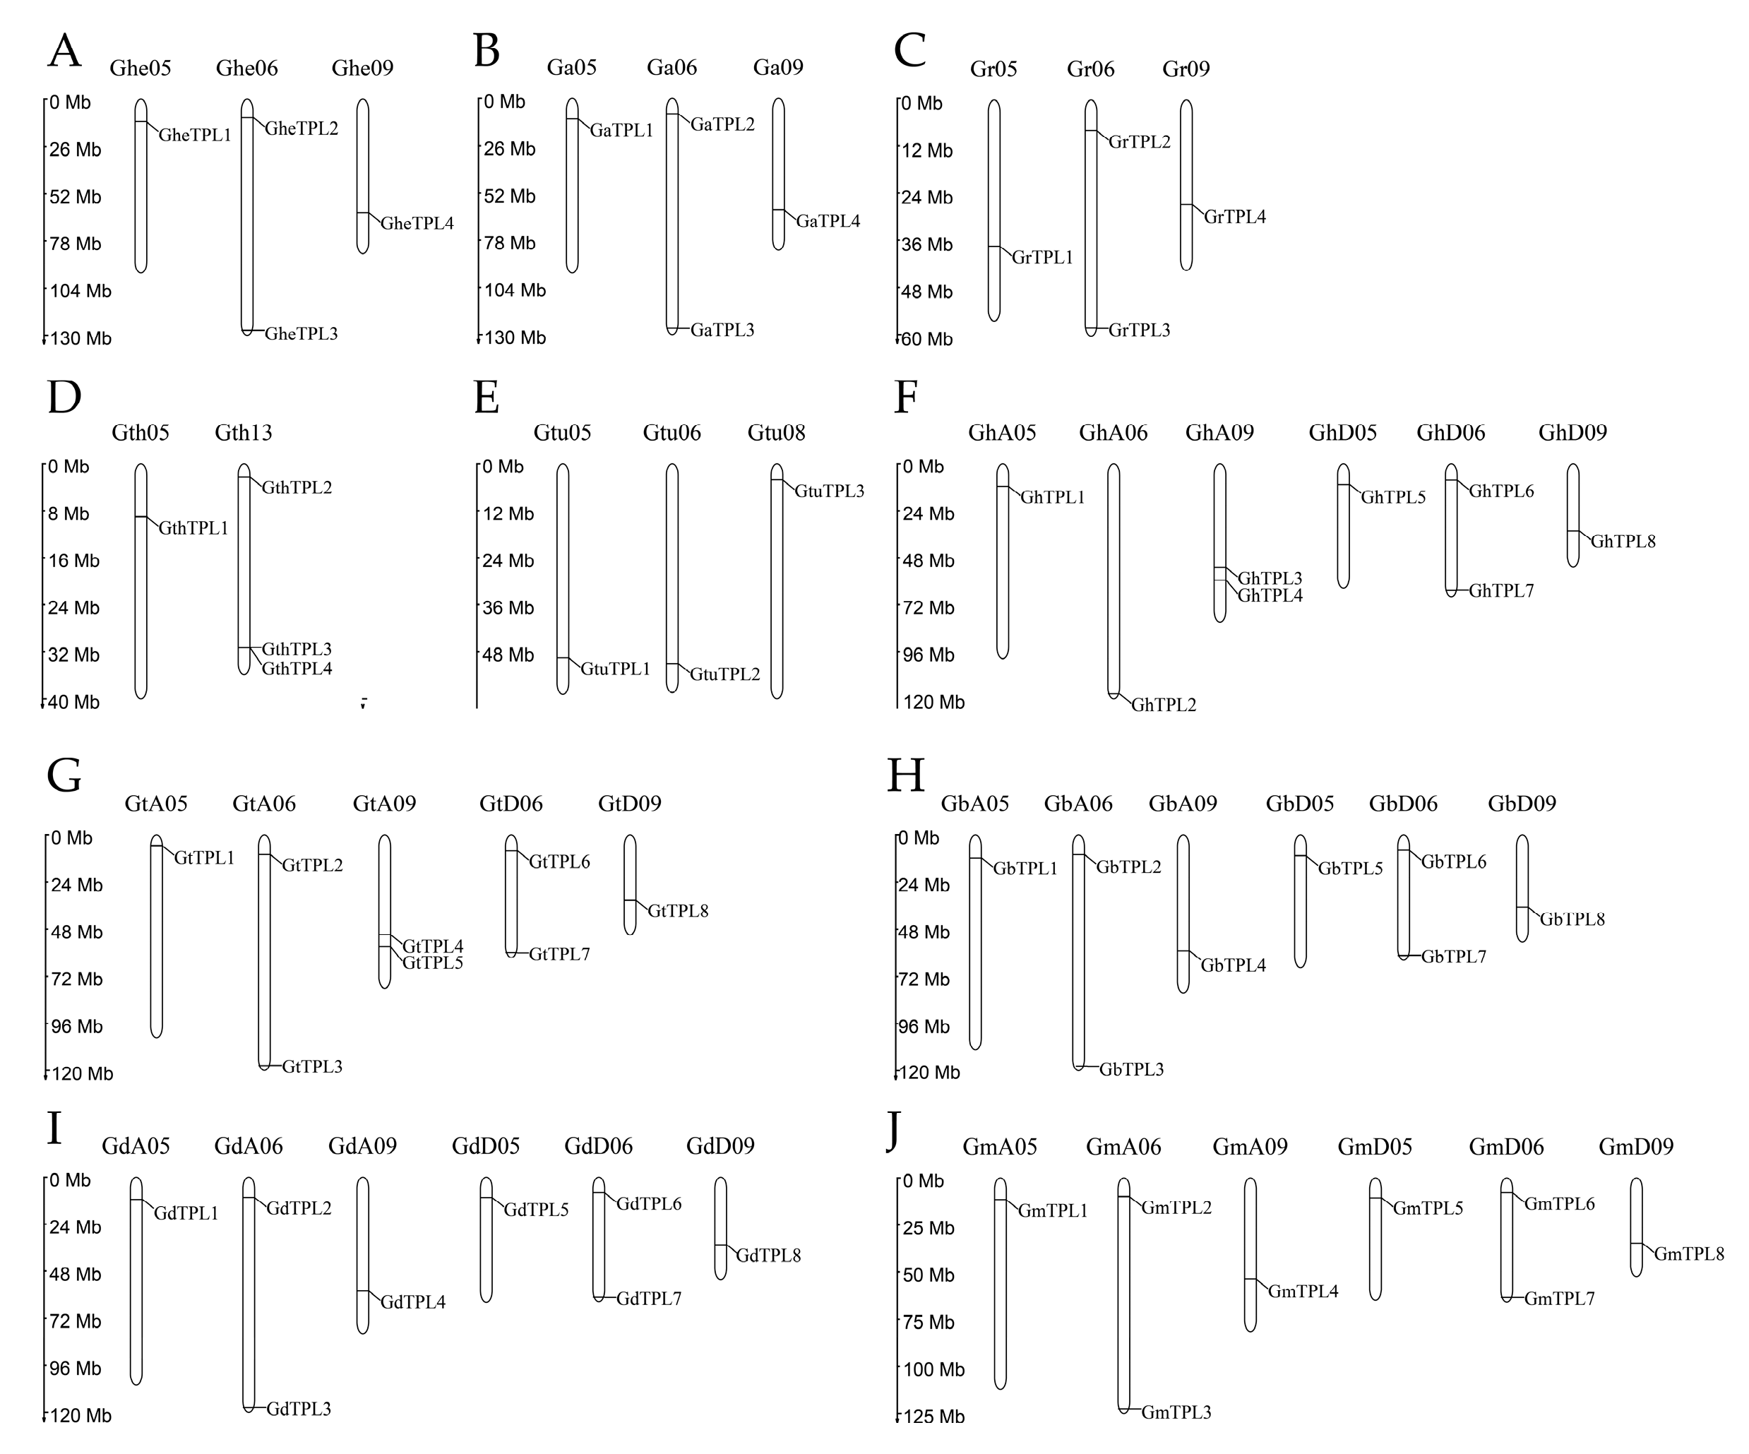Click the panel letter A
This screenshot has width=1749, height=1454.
(64, 51)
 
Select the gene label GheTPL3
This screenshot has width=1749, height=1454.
(301, 334)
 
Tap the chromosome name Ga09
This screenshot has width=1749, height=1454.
(778, 68)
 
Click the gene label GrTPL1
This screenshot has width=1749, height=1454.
(1042, 257)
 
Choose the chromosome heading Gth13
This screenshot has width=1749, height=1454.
(243, 433)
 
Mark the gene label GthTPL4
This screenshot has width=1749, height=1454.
(297, 669)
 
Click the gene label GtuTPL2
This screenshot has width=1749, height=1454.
(724, 674)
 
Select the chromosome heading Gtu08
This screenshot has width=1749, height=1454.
(776, 433)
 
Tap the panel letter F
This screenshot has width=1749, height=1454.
(905, 398)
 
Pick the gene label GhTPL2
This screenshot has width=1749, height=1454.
(1164, 705)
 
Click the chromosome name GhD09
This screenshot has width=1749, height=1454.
(1572, 433)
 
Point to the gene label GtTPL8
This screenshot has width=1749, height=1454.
(678, 911)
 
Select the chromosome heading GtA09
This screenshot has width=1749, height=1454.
(384, 804)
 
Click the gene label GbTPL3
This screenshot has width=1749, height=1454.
(1131, 1069)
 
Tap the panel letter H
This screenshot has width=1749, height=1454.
(905, 775)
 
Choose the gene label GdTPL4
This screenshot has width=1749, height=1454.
(413, 1302)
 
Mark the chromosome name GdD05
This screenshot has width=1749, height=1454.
(486, 1146)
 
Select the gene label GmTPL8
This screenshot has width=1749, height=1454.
(1689, 1254)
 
